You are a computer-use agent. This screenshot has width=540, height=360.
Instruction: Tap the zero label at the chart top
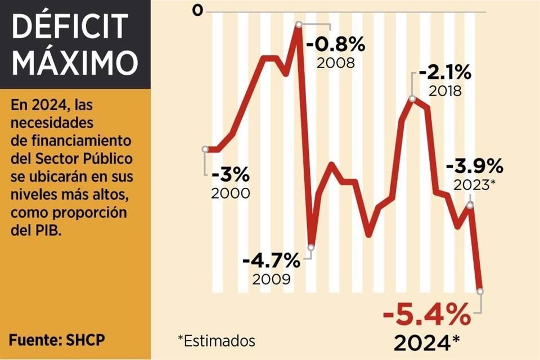[197, 10]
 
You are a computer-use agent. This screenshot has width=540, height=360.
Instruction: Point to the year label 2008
[336, 62]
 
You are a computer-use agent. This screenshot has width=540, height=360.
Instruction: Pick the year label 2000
[231, 193]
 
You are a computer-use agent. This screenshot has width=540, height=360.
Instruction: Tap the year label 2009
[272, 279]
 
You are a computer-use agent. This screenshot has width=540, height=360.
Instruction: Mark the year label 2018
[445, 91]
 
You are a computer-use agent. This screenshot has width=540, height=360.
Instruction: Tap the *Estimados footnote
[216, 340]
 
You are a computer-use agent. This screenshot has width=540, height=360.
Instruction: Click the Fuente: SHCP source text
[57, 339]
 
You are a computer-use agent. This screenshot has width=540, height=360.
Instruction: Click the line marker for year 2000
[205, 149]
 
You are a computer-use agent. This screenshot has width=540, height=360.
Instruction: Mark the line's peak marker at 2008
[299, 24]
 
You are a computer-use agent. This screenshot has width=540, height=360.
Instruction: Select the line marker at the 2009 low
[312, 246]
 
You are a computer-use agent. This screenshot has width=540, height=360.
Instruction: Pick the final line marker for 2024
[480, 291]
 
